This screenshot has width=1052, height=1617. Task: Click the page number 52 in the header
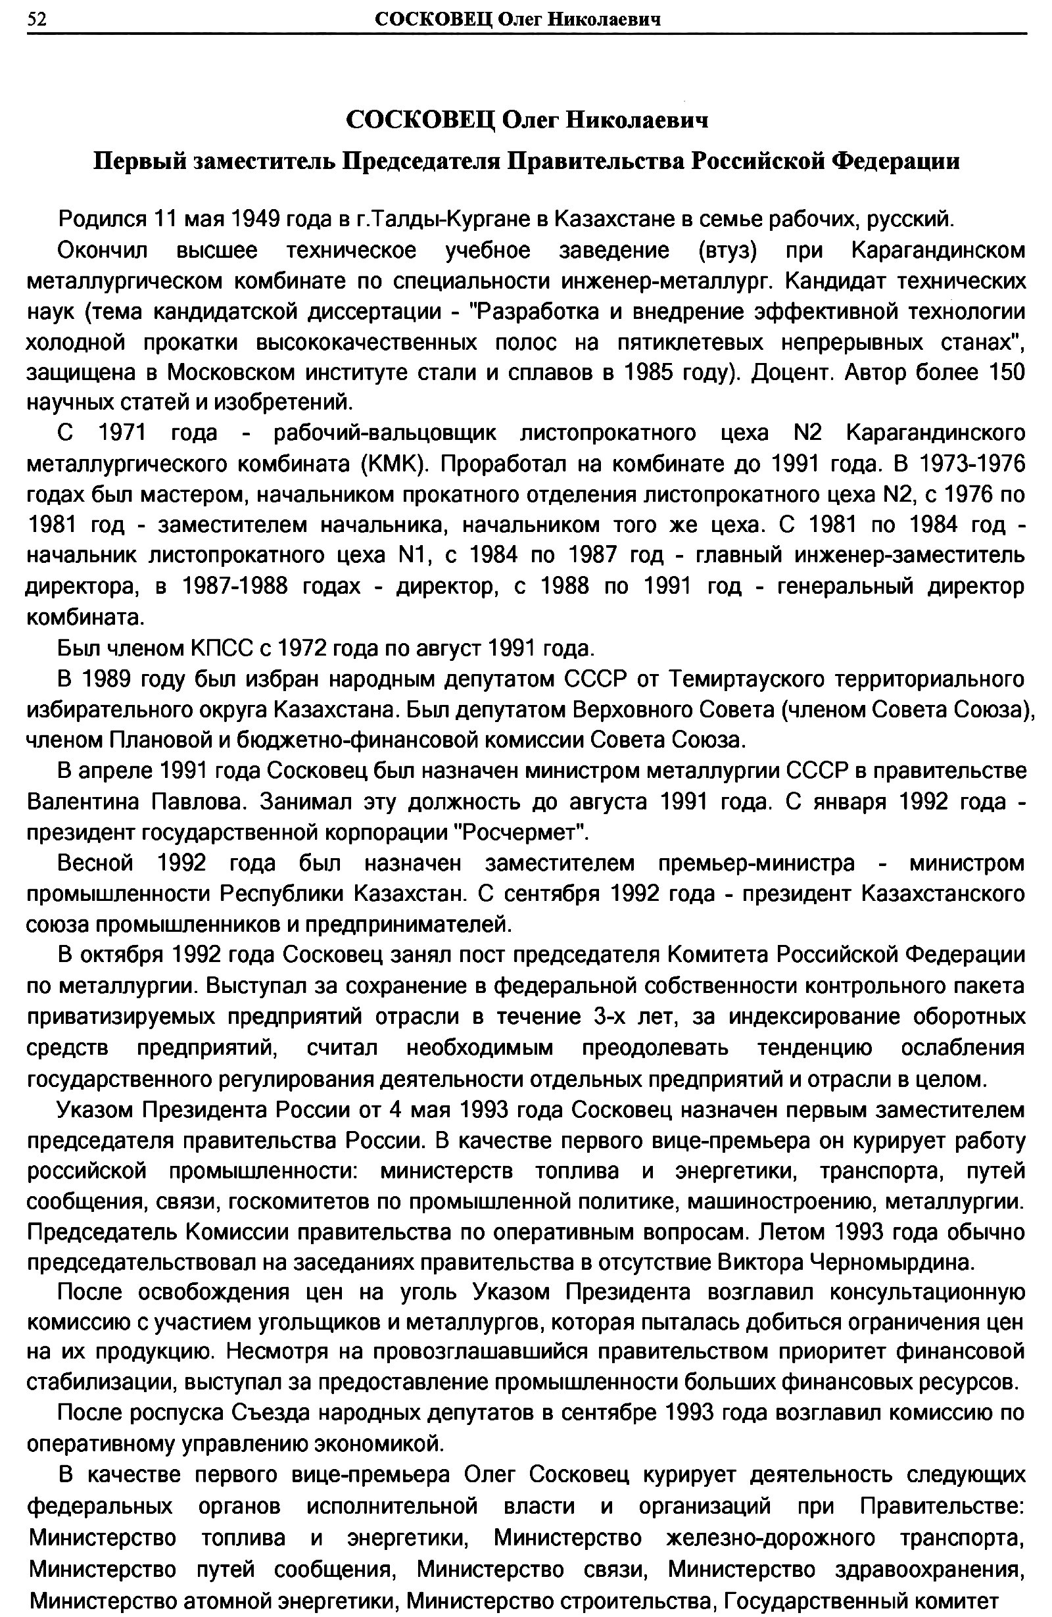pyautogui.click(x=37, y=20)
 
